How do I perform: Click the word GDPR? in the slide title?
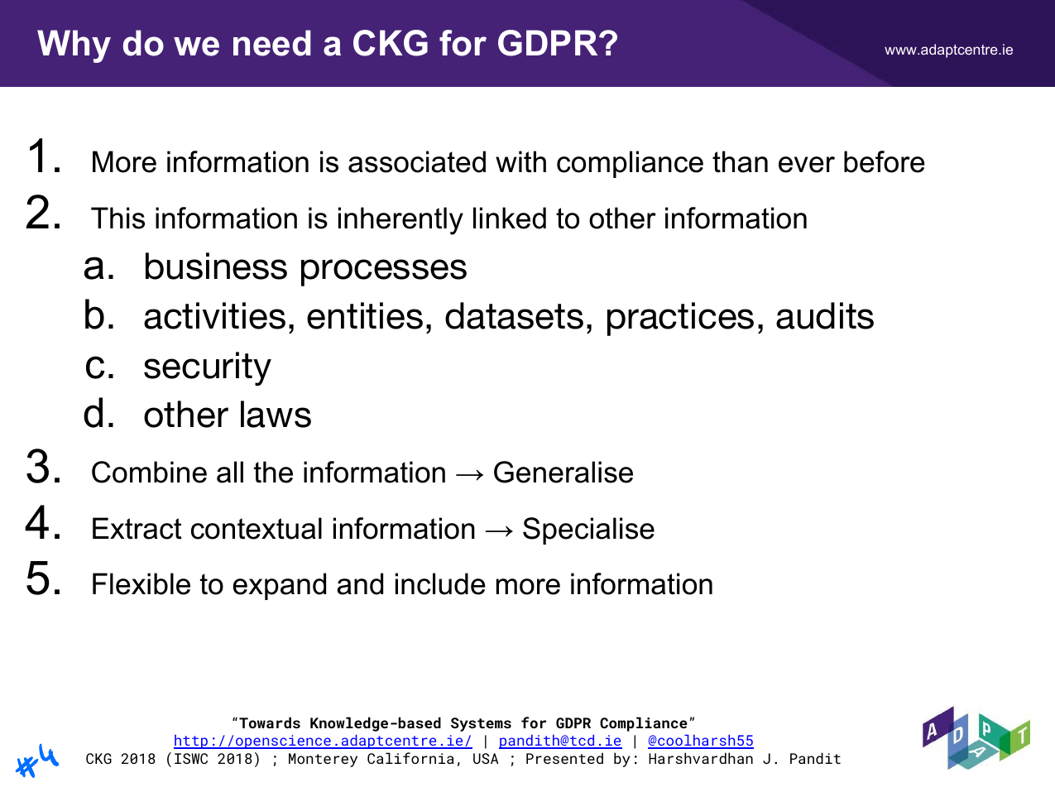[x=557, y=44]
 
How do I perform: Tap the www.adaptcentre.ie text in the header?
[x=948, y=50]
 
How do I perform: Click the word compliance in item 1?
[x=630, y=162]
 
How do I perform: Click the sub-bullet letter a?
[x=98, y=267]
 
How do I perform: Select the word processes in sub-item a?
[x=382, y=268]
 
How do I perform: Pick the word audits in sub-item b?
[x=824, y=317]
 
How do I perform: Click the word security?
[x=207, y=367]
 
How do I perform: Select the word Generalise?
[x=563, y=473]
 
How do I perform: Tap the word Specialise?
[x=588, y=530]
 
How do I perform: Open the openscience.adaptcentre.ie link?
[x=323, y=741]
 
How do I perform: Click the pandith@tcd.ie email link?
[x=560, y=741]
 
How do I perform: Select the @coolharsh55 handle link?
[x=700, y=741]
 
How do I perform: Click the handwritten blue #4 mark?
[x=37, y=761]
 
